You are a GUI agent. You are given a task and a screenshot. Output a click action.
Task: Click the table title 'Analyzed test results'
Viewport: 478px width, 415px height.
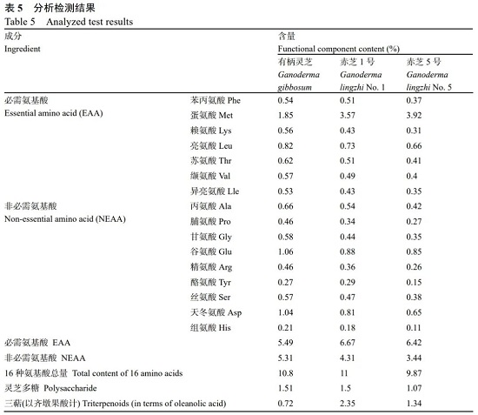tap(90, 22)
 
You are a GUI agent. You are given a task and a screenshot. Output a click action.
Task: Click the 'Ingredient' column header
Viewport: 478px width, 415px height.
tap(23, 49)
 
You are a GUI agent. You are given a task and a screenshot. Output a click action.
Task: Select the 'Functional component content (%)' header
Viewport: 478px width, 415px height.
tap(338, 49)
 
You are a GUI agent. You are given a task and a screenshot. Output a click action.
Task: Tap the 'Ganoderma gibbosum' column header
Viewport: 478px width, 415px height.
tap(298, 81)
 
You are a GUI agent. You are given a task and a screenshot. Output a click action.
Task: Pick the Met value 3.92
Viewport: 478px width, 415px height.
tap(414, 116)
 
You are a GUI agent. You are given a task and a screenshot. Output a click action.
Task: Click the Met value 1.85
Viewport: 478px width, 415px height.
tap(285, 116)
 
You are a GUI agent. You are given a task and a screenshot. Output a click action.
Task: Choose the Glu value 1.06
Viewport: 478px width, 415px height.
tap(285, 251)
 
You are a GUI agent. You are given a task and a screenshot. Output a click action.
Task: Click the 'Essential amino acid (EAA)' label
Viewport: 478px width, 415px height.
tap(54, 113)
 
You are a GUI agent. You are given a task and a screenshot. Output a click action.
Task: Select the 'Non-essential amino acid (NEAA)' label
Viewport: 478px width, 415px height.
tap(65, 219)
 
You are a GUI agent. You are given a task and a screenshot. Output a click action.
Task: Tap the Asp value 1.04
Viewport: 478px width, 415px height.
tap(285, 312)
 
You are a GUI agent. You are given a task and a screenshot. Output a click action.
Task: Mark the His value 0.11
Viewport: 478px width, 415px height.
tap(414, 328)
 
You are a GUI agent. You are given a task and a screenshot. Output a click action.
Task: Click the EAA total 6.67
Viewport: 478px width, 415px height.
tap(348, 343)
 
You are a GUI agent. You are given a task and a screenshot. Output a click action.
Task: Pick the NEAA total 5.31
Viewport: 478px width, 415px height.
tap(285, 358)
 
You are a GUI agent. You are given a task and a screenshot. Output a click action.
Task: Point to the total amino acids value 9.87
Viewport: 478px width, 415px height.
tap(414, 373)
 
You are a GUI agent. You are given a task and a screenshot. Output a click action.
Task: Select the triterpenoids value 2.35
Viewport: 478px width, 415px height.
tap(348, 404)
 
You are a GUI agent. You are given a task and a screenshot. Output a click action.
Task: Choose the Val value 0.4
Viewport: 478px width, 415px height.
tap(412, 176)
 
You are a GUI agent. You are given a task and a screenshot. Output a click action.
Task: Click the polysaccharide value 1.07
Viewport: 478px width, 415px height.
tap(414, 388)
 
